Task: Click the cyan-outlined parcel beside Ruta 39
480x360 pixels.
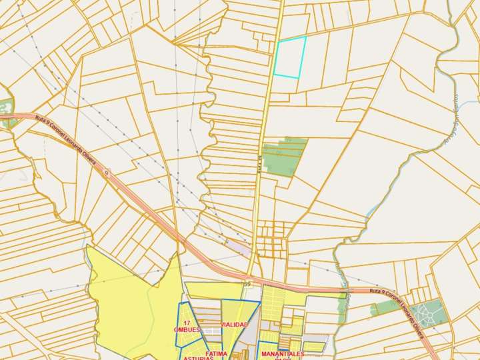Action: (291, 57)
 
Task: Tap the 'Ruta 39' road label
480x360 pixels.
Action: (259, 165)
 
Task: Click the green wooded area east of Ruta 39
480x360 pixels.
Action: (284, 157)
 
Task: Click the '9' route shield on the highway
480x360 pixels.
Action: (106, 172)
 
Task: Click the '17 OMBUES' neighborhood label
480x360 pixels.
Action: (187, 327)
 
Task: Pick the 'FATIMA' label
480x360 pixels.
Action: (217, 353)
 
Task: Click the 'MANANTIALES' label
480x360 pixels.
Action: (282, 353)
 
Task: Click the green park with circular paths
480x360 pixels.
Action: (427, 313)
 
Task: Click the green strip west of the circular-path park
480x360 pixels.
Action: (385, 307)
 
